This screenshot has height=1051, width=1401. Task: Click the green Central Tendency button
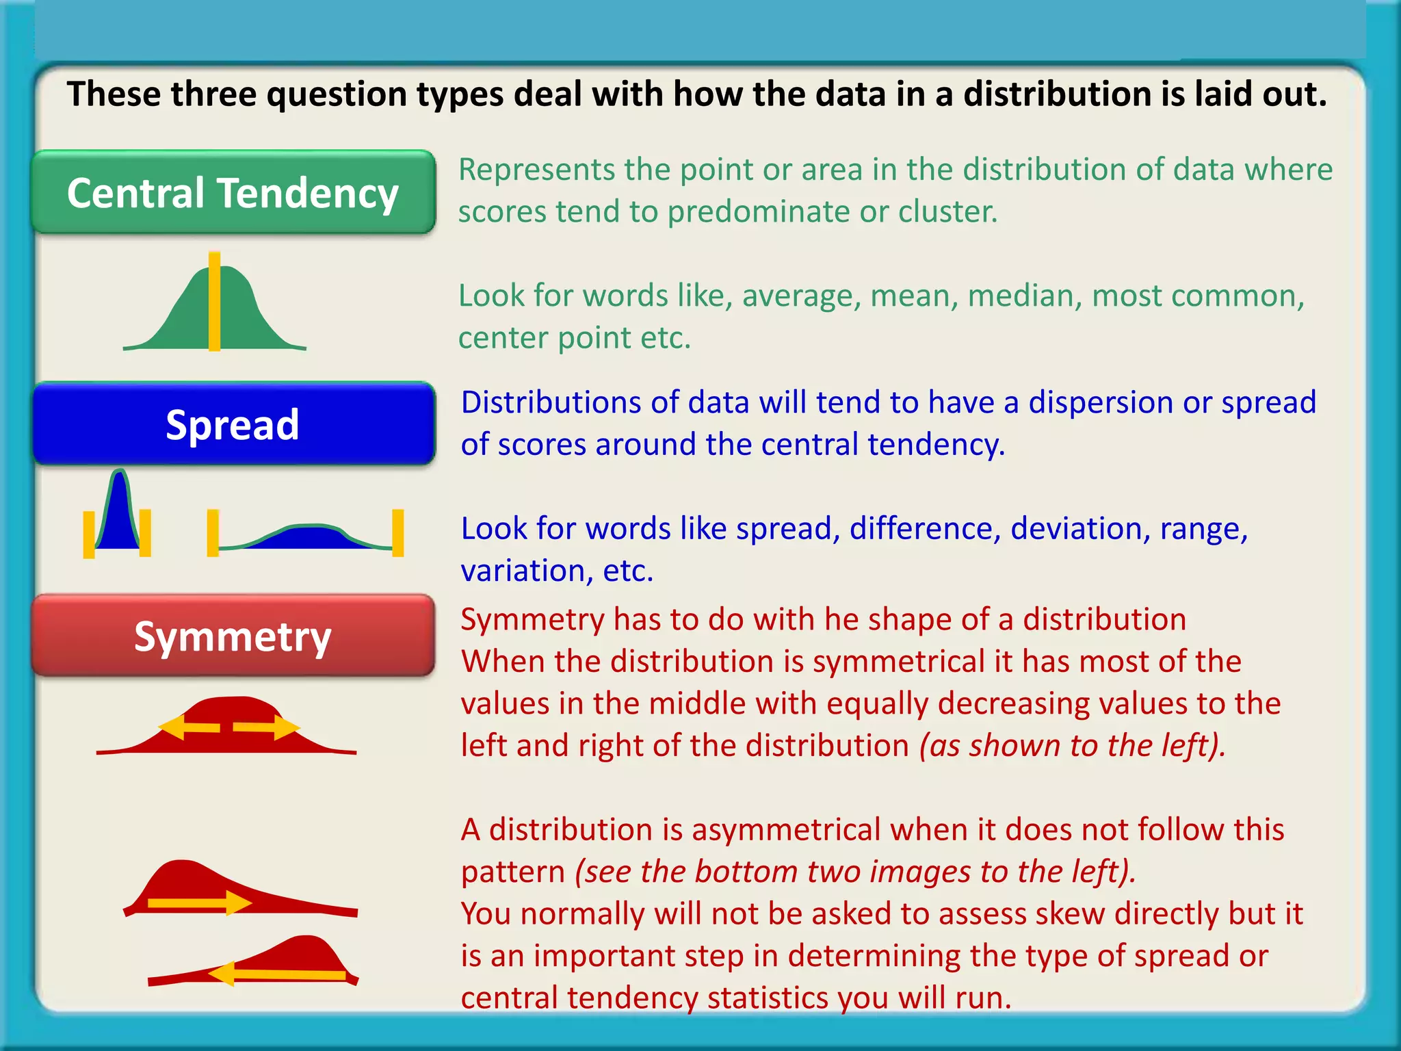[x=233, y=192]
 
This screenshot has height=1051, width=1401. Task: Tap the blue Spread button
[x=233, y=424]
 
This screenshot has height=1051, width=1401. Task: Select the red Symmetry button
[x=233, y=636]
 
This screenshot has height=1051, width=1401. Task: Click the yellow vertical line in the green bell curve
[x=214, y=301]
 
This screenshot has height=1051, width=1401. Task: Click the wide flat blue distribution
[x=304, y=536]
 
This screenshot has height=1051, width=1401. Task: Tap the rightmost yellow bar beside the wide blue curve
[x=397, y=532]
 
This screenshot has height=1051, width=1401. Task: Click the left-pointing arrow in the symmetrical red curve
[x=188, y=727]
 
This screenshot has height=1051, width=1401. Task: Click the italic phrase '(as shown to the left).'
[x=1071, y=746]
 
